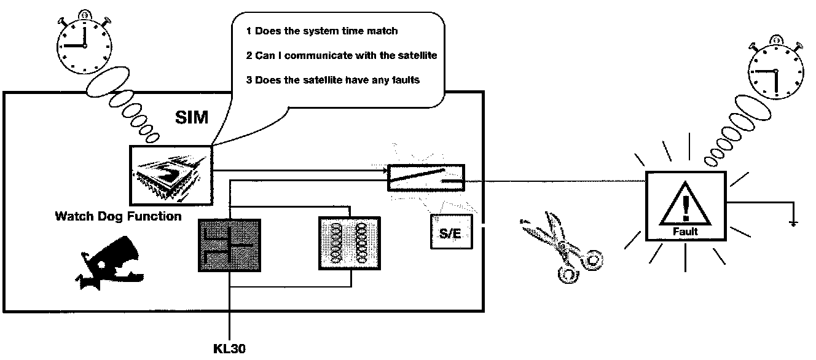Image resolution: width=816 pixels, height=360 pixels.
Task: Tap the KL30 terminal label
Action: coord(230,348)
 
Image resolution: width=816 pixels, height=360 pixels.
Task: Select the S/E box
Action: coord(451,232)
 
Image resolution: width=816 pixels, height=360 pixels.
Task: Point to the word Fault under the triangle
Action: coord(685,232)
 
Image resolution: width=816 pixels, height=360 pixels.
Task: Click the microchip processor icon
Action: coord(170,175)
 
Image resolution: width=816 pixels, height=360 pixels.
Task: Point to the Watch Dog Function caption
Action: coord(118,216)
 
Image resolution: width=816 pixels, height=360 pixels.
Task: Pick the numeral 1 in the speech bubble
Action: coord(249,31)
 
